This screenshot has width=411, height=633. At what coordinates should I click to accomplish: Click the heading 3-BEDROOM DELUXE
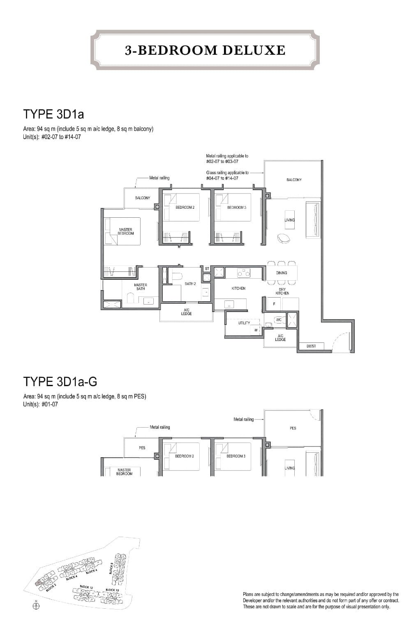coord(205,50)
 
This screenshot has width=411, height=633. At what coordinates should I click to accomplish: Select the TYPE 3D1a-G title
coord(60,382)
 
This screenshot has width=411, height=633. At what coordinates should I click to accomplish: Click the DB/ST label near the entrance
coord(311,346)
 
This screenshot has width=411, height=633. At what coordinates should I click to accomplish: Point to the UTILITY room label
coord(244,323)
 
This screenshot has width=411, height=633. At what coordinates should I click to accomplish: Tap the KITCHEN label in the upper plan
coord(238,289)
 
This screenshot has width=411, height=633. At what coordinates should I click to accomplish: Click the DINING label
coord(282,273)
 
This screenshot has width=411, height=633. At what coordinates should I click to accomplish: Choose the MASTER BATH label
coord(141,286)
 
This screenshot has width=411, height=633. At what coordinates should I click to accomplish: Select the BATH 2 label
coord(190,284)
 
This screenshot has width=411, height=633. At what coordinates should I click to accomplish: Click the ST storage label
coord(207,269)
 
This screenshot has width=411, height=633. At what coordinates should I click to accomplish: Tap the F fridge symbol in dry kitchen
coord(274,304)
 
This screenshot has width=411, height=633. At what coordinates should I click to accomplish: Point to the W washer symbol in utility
coord(256,330)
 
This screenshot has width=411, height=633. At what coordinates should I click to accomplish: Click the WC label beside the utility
coord(278,320)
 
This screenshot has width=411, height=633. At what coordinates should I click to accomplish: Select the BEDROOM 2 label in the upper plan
coord(185,207)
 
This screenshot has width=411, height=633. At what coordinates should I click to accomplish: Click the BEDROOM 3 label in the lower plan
coord(236,456)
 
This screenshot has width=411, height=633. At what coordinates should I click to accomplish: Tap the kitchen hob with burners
coord(244,272)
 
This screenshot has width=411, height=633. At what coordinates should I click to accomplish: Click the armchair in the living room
coord(283,238)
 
